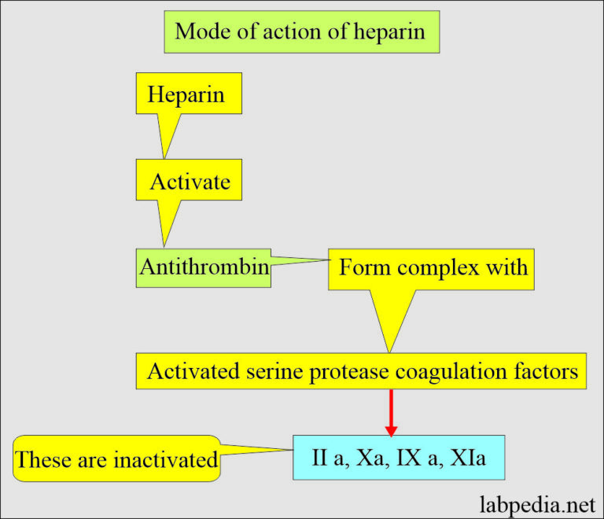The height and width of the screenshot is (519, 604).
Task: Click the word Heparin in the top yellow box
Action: coord(186,95)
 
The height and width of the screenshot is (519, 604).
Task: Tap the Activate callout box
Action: coord(190,182)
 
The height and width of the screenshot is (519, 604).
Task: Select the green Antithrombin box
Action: coord(204,267)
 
